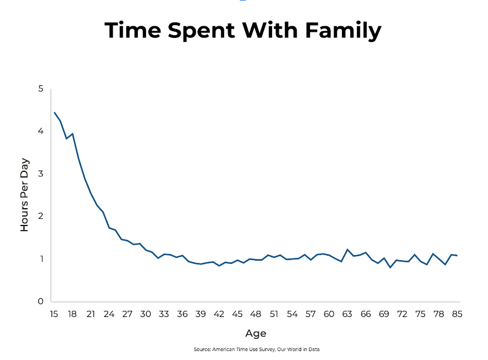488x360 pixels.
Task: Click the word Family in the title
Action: pos(344,31)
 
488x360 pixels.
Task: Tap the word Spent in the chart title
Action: pos(201,31)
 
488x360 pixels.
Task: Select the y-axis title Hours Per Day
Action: pos(25,195)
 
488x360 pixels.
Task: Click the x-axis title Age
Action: pos(256,334)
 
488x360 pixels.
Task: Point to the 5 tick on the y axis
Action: pos(41,89)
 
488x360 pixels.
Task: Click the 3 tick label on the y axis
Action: pos(41,174)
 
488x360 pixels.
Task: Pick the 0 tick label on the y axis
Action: pos(41,301)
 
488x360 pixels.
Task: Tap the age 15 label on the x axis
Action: pos(54,314)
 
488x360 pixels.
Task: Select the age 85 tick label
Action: pos(457,314)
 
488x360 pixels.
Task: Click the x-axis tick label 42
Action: pos(219,314)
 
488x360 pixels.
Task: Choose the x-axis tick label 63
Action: pos(347,314)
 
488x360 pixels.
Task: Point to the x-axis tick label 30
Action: pos(146,314)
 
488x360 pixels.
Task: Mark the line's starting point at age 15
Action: pos(55,112)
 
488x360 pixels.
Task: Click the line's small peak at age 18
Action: pos(73,133)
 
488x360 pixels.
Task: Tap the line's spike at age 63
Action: pos(347,249)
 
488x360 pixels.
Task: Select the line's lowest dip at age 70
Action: pos(390,267)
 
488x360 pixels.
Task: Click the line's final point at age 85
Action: pos(457,256)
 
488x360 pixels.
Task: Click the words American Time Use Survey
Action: pos(244,349)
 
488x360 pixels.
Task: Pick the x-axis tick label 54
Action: pos(292,314)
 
